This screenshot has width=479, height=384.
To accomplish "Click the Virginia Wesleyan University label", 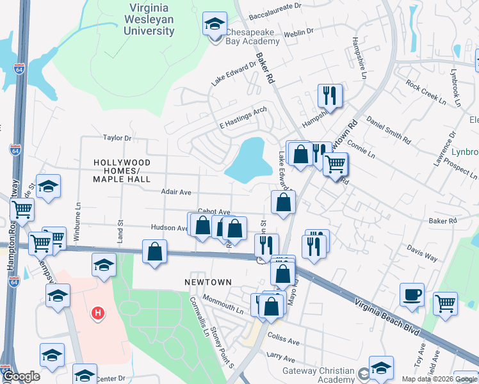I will coord(158,19).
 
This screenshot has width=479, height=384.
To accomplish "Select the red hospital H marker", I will coord(98,312).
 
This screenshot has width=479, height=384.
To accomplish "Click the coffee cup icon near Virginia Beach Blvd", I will coord(412,295).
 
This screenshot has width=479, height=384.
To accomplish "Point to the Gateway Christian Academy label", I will coord(319,376).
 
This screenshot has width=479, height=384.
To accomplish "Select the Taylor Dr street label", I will coord(117,138).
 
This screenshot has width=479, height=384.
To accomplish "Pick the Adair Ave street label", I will coord(176,191).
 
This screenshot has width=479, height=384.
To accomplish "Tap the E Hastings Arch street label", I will coord(243,117).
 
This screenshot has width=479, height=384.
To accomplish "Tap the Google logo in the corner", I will coord(21,376).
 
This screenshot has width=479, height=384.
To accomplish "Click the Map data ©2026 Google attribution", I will coord(439,379).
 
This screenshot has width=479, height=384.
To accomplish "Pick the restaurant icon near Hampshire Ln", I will coord(330,96).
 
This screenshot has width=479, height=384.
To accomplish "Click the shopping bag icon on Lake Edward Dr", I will coord(282,202).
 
